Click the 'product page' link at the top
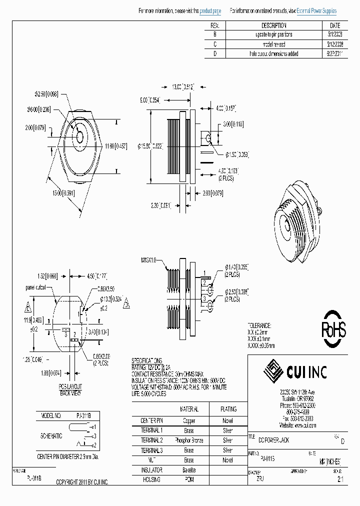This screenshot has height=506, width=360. click(210, 10)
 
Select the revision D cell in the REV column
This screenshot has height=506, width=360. click(214, 53)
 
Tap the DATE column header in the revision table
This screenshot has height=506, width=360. click(335, 25)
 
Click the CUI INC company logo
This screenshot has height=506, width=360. click(296, 371)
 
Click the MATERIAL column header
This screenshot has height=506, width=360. click(188, 408)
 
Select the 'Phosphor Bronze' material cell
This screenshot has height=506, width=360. click(188, 440)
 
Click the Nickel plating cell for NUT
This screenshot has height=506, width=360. click(227, 460)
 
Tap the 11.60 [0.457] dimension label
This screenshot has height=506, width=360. click(115, 146)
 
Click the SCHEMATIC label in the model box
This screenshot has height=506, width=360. click(51, 435)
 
